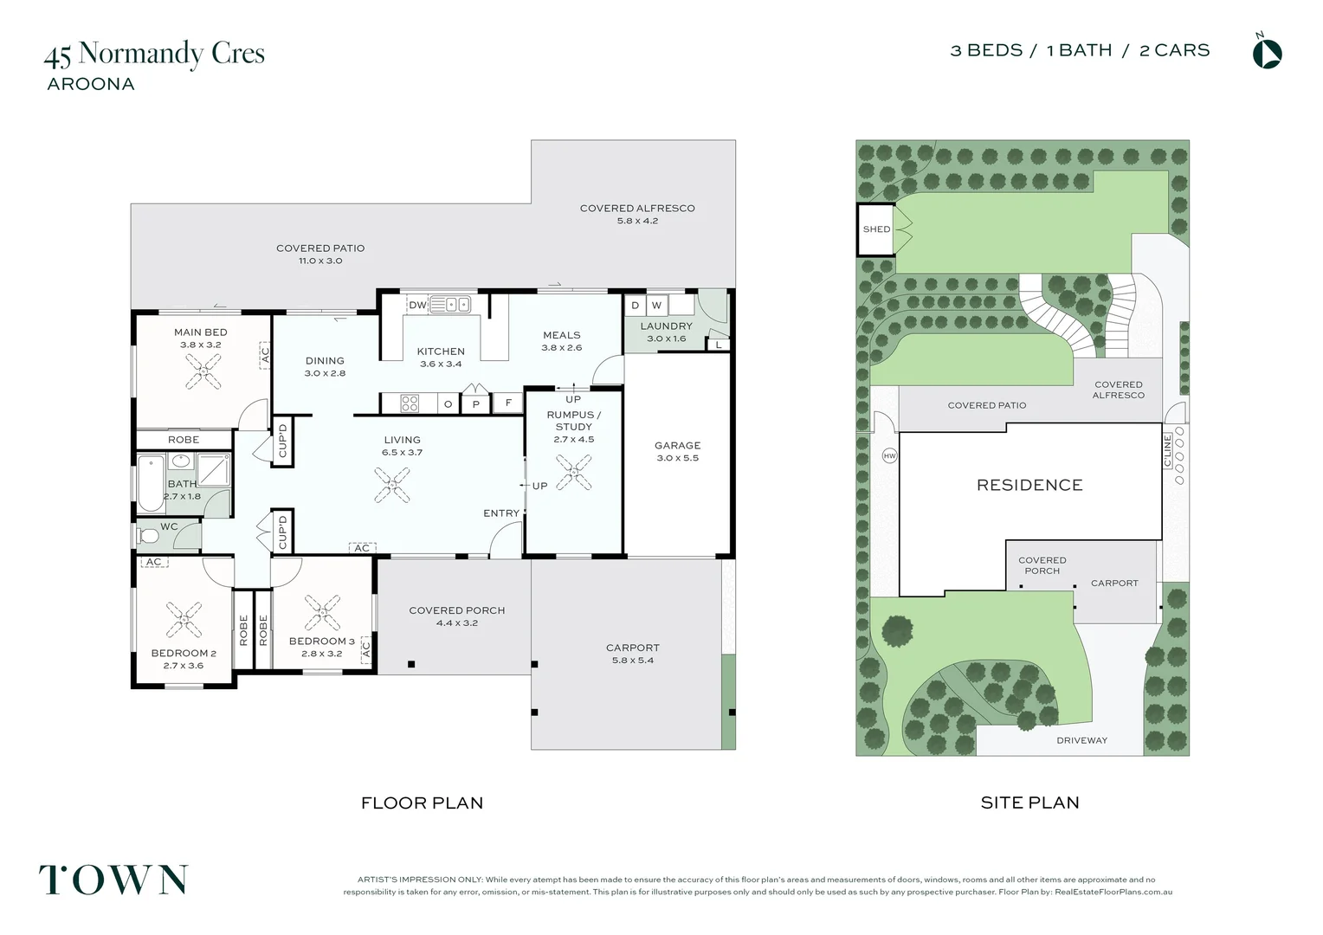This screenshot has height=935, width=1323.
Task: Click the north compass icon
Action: point(1267,53)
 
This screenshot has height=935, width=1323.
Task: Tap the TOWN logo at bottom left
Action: point(113,880)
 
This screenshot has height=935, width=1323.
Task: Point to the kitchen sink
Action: point(449,304)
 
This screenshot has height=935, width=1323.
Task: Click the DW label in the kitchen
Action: point(417,305)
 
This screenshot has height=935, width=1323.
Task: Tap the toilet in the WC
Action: point(149,537)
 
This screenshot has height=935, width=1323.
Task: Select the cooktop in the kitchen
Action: point(410,403)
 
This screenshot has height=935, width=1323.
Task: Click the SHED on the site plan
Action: point(876,229)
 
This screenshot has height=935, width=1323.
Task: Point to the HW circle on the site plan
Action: point(889,455)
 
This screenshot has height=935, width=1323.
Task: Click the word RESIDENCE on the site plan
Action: point(1029,485)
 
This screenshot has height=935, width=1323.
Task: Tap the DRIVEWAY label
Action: point(1081,740)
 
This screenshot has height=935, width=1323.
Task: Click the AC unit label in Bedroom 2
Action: point(153,562)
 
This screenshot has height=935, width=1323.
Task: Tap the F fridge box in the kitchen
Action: point(508,403)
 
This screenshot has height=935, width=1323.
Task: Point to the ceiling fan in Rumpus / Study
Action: point(573,473)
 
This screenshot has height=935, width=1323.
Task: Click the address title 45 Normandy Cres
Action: point(154,54)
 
